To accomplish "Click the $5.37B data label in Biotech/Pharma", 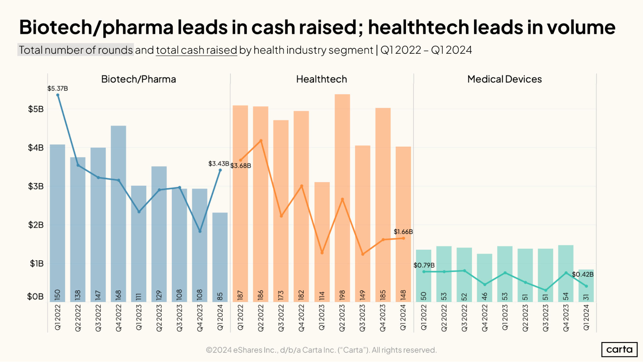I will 58,88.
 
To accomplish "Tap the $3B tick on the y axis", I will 36,186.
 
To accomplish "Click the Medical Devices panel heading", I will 504,79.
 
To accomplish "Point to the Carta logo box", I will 619,349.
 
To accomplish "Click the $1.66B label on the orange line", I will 403,232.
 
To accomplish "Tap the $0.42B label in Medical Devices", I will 583,274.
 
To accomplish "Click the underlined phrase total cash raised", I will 196,50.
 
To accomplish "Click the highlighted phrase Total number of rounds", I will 76,50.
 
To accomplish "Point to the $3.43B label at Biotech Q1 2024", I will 219,163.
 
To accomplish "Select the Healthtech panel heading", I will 321,79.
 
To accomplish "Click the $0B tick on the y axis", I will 35,296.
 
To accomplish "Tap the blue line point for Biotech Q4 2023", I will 200,231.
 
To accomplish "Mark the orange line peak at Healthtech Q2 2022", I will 261,141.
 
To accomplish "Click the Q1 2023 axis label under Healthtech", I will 322,318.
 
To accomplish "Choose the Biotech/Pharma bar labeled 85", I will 220,257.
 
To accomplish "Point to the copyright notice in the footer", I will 321,350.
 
